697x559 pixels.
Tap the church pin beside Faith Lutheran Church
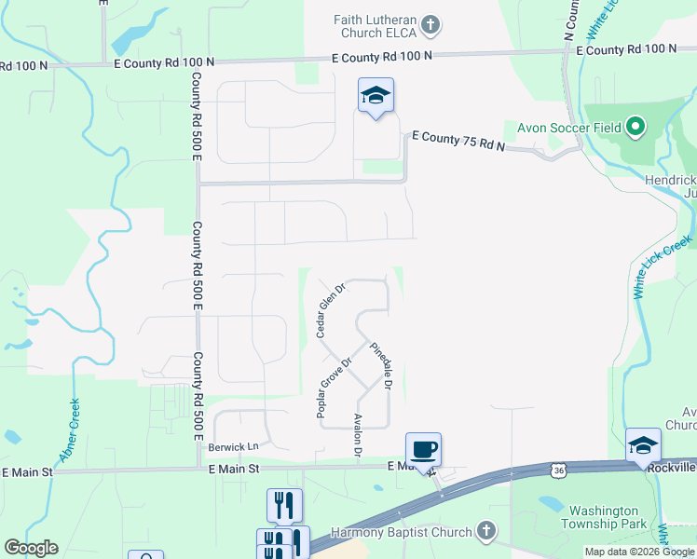tap(430, 25)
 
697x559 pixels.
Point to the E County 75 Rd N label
tap(457, 142)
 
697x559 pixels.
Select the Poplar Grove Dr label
tap(335, 388)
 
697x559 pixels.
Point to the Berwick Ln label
tap(231, 447)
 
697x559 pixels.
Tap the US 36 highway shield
tap(558, 471)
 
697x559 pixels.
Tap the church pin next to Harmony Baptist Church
tap(485, 532)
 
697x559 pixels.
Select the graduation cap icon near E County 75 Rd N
tap(376, 95)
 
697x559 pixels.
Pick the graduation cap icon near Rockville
tap(643, 446)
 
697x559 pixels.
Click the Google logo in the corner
tap(31, 548)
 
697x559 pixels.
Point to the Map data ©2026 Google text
tap(640, 552)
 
